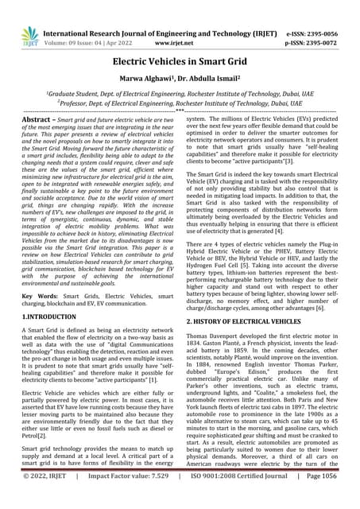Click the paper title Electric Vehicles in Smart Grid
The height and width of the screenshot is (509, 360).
pyautogui.click(x=180, y=60)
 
